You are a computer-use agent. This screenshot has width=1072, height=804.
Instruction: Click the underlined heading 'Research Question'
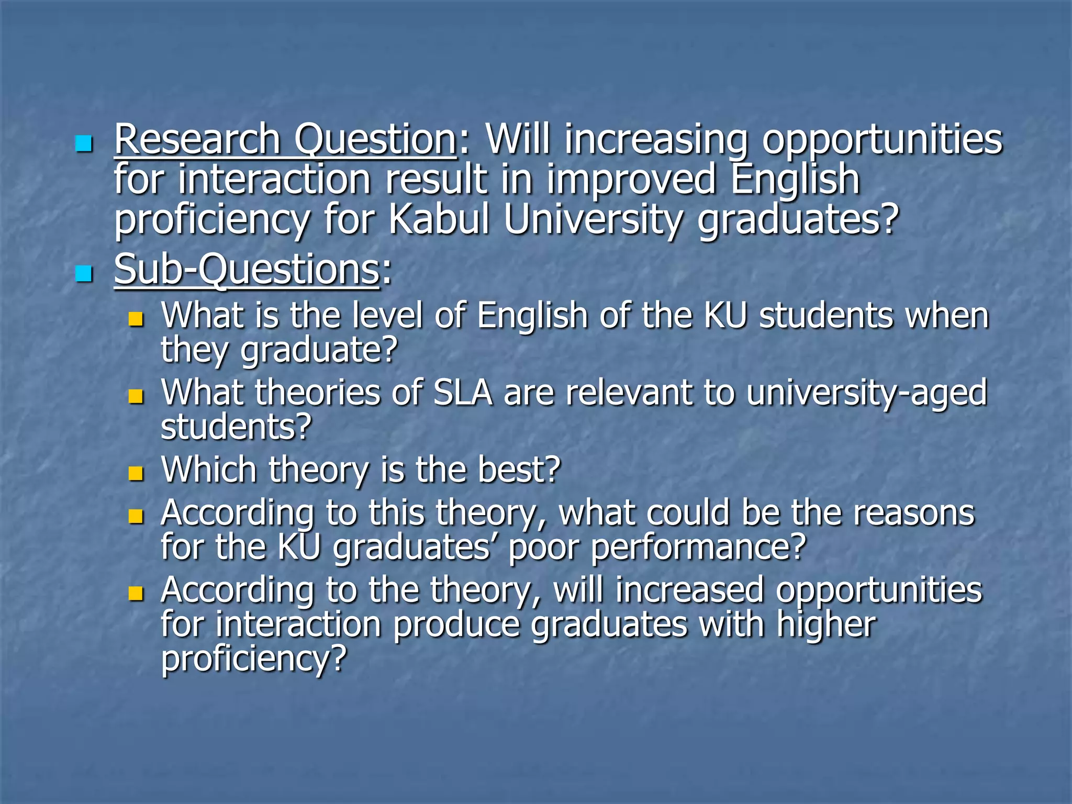click(285, 140)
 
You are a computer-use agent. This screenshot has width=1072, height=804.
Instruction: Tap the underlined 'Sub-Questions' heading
click(247, 270)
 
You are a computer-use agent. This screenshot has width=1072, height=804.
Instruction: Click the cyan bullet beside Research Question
click(83, 143)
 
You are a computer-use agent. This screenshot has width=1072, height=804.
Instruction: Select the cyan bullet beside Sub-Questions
click(83, 273)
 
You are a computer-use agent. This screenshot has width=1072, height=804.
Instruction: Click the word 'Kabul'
click(439, 220)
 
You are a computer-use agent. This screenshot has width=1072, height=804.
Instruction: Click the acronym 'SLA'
click(463, 393)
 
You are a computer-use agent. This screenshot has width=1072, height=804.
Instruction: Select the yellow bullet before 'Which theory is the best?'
click(136, 474)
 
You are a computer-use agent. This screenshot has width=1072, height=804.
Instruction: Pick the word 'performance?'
click(698, 548)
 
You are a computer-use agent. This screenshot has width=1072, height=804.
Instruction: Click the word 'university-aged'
click(866, 394)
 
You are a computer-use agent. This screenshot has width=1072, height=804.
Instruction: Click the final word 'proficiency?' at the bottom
click(254, 659)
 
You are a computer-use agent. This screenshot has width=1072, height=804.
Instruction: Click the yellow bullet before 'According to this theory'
click(136, 517)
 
